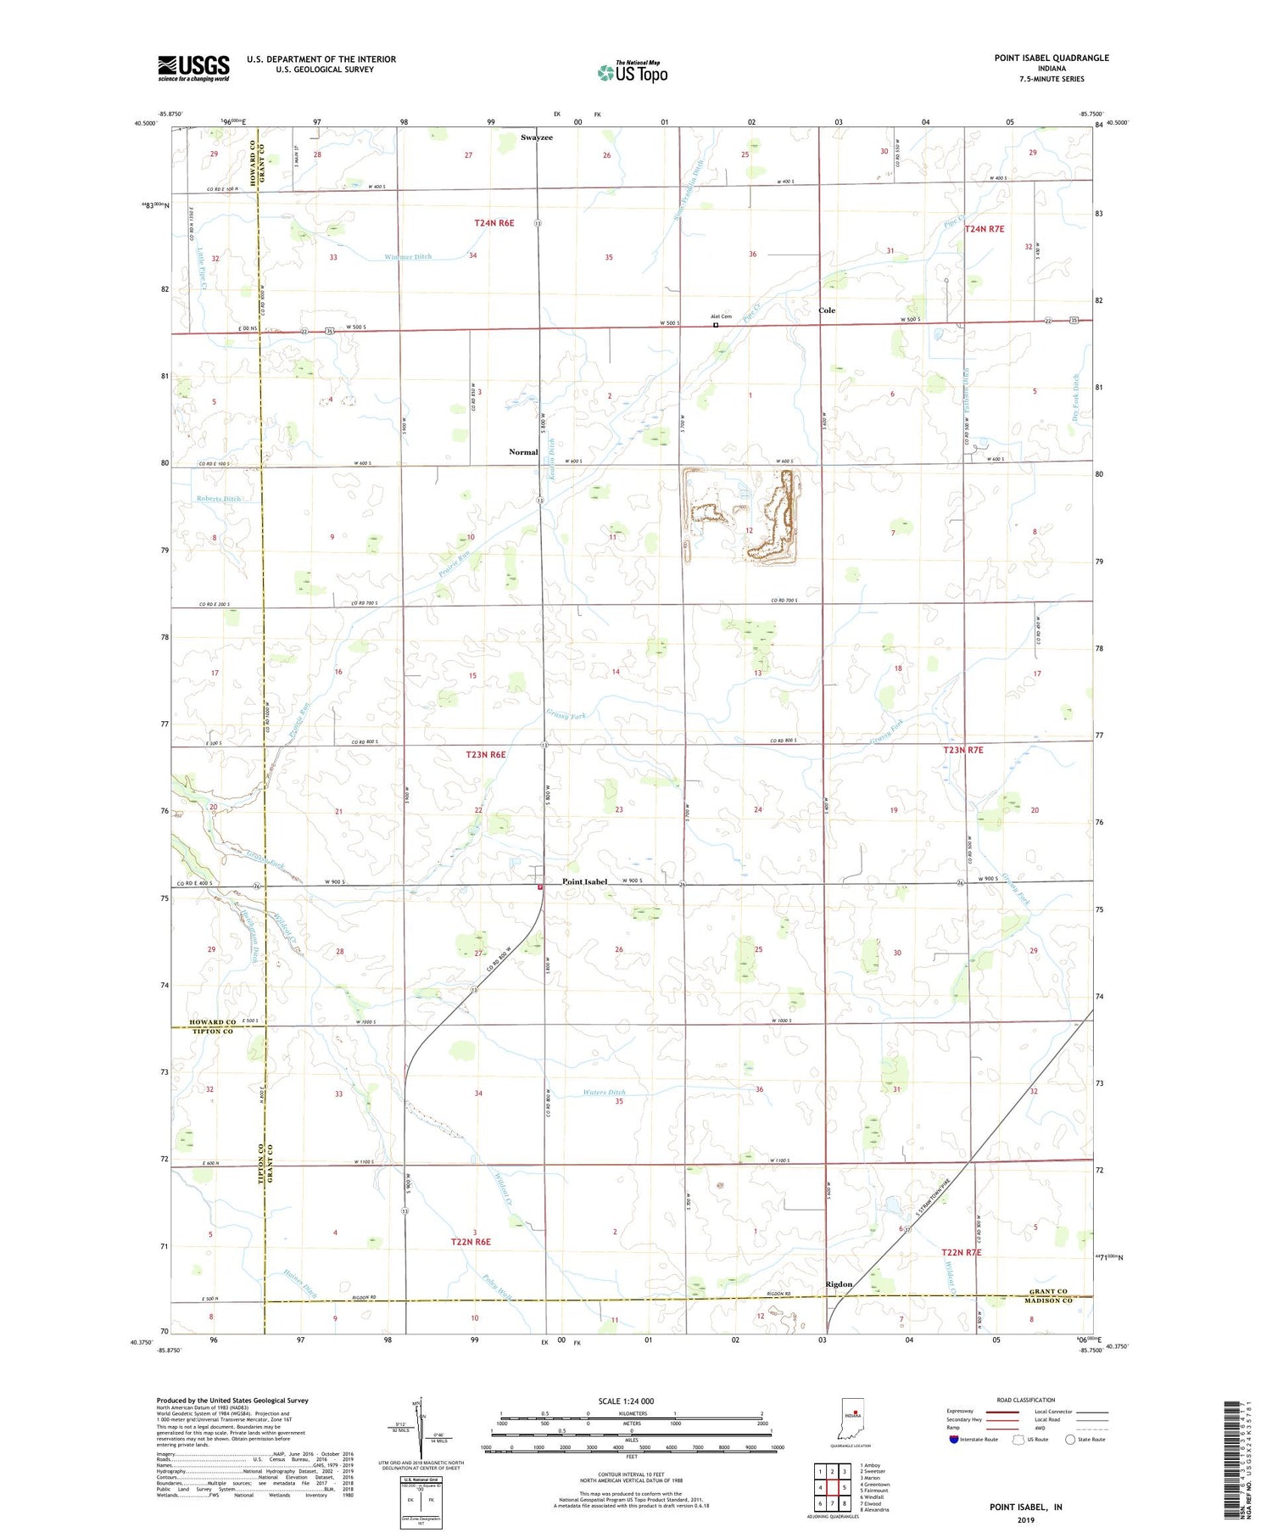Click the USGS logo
[x=193, y=68]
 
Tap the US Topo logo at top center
[x=632, y=72]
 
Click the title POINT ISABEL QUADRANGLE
[x=1052, y=58]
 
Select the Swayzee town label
[x=537, y=137]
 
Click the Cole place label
[x=827, y=310]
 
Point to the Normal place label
[x=523, y=452]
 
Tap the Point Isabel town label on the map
[x=585, y=881]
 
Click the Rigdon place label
[x=839, y=1284]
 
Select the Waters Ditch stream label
[x=605, y=1093]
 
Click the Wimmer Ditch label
[x=408, y=257]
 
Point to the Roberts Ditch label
[x=219, y=499]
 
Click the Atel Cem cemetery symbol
[x=716, y=325]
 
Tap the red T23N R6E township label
[x=486, y=754]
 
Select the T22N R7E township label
[x=962, y=1252]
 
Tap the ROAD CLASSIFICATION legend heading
[x=1026, y=1400]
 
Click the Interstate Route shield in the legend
[x=954, y=1440]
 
